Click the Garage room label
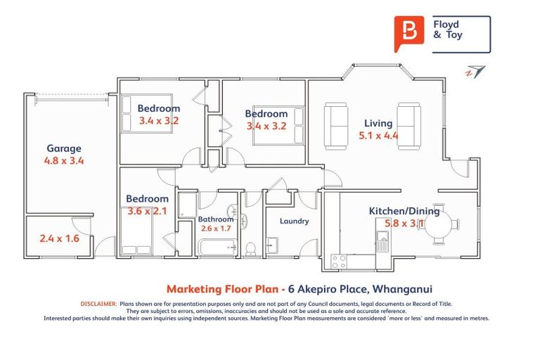click(64, 148)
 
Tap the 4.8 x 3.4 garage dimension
click(64, 160)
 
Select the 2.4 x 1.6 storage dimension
click(59, 238)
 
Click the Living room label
click(378, 123)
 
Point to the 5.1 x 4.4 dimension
click(378, 136)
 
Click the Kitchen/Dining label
click(404, 211)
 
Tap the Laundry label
click(294, 221)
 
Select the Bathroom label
click(216, 219)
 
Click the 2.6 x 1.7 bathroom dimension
click(216, 229)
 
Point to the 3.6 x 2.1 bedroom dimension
click(147, 211)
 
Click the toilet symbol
click(251, 249)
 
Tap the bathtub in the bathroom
click(218, 247)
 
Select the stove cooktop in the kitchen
click(339, 262)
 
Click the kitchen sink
click(382, 240)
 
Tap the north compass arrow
click(475, 71)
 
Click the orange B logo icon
click(409, 34)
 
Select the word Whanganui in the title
click(403, 289)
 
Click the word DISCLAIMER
click(99, 304)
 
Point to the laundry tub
click(272, 245)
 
